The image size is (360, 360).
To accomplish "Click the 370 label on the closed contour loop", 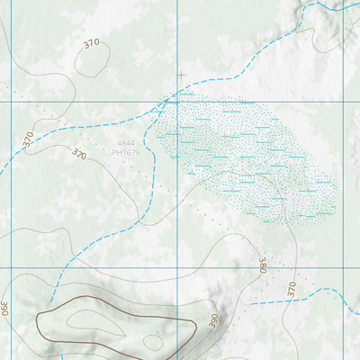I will point(91,43).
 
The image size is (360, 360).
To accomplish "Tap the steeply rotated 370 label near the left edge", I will point(28,139).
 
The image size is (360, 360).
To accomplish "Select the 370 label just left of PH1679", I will point(78,156).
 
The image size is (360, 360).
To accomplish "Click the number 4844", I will point(127,144).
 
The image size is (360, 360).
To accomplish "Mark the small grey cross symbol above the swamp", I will point(181,75).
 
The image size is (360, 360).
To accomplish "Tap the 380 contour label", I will point(262,265).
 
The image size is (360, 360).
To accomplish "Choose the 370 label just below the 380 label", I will point(291,289).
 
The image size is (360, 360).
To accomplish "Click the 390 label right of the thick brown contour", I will point(214,320).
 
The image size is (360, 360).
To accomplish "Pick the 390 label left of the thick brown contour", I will point(4,308).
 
